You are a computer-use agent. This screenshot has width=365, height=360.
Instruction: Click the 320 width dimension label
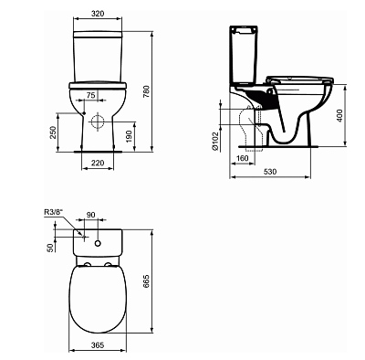tap(98, 14)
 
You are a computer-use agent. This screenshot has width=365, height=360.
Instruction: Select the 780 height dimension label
tap(146, 91)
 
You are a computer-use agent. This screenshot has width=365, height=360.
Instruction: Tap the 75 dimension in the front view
tap(91, 95)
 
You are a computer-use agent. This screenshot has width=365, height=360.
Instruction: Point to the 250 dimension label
tap(53, 132)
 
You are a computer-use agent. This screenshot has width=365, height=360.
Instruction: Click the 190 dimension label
tap(129, 136)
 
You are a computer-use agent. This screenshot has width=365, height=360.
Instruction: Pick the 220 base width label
tap(98, 163)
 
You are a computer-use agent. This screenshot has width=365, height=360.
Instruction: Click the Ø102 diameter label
tap(215, 141)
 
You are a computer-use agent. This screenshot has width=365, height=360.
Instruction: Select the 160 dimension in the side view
tap(242, 158)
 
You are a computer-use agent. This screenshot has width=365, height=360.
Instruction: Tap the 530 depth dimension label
tap(270, 172)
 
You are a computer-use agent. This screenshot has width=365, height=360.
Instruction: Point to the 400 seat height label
tap(339, 115)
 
